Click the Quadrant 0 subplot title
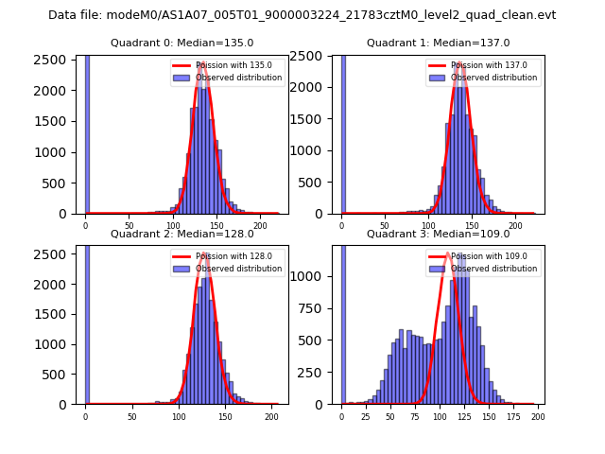point(181,43)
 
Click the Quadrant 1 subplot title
point(438,43)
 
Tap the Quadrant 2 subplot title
point(181,234)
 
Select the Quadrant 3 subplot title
point(438,234)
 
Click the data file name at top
point(302,15)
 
